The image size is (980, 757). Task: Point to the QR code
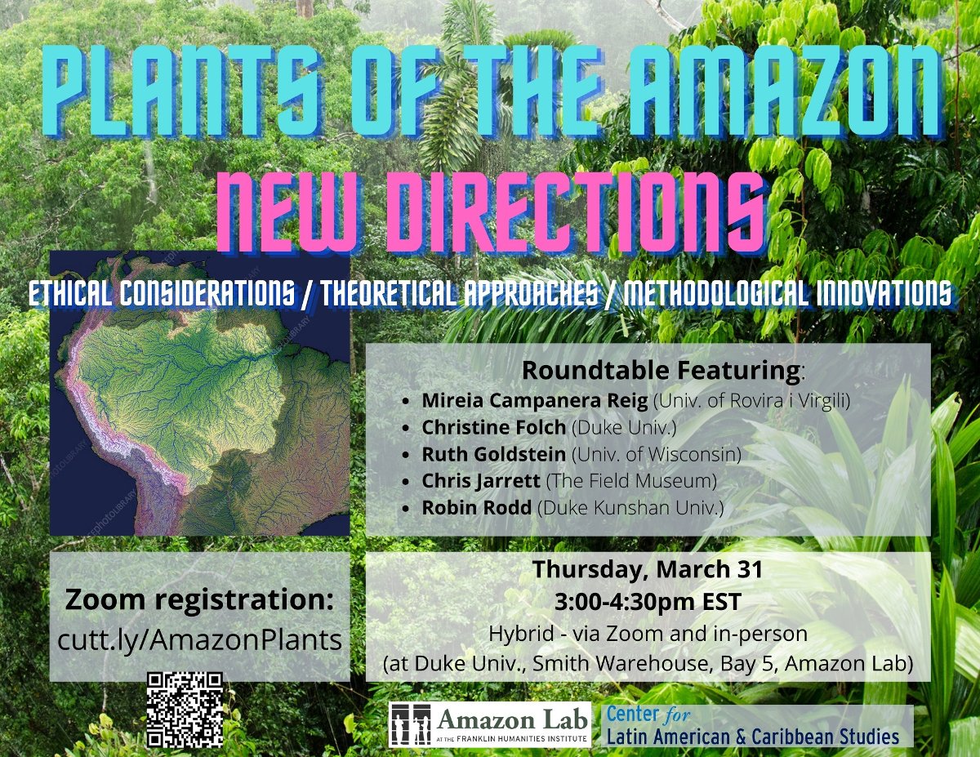(x=185, y=709)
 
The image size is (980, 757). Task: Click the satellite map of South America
(x=200, y=392)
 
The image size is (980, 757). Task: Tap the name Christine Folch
(x=493, y=427)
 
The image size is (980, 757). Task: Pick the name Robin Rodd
(x=477, y=508)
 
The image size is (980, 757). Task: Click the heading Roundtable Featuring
(x=661, y=370)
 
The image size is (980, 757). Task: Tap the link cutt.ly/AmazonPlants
(x=199, y=640)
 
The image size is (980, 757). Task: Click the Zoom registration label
(x=199, y=600)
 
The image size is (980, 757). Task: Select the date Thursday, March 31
(x=647, y=569)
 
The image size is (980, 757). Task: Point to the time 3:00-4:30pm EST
(x=647, y=603)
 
